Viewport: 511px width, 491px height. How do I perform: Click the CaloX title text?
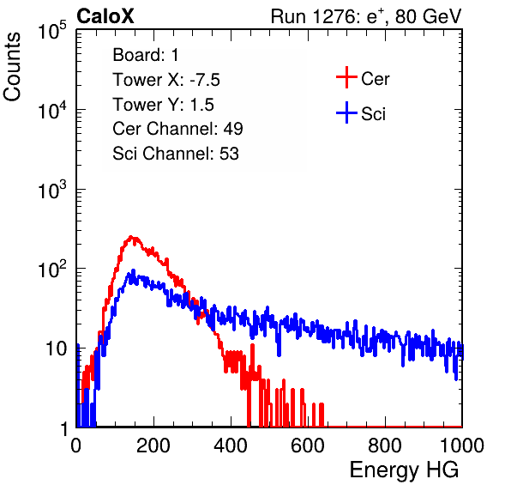tap(105, 16)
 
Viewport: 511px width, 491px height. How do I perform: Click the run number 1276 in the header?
tap(333, 16)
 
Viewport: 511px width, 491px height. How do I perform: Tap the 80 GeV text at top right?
tap(428, 16)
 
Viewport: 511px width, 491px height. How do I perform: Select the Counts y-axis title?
tap(12, 67)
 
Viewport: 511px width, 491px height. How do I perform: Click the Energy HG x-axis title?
tap(404, 470)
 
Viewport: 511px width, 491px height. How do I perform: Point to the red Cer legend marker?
tap(346, 77)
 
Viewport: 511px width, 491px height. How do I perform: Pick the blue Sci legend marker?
tap(346, 112)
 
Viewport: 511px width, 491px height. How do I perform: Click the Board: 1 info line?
tap(146, 55)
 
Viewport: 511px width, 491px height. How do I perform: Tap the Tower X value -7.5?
tap(205, 80)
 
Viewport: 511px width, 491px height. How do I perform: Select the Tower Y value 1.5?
tap(201, 105)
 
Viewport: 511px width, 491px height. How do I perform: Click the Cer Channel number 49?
tap(233, 129)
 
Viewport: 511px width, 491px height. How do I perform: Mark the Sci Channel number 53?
tap(229, 154)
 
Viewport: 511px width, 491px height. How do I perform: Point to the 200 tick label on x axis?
tap(153, 446)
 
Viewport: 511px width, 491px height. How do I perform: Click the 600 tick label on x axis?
tap(308, 446)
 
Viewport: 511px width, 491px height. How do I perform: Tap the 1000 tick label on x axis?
tap(462, 446)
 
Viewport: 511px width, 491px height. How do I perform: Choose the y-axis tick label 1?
tap(65, 429)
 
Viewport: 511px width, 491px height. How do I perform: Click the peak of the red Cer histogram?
tap(130, 237)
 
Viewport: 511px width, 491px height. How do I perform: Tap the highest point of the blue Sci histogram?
tap(133, 270)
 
